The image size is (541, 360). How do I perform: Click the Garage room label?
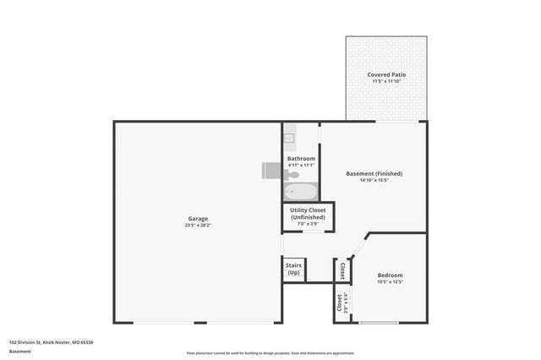point(197,219)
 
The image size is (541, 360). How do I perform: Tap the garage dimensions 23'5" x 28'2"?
point(197,226)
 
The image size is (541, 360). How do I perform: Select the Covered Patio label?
point(385,75)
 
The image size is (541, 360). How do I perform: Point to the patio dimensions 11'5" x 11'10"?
point(385,82)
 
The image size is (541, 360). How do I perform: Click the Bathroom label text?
point(301,159)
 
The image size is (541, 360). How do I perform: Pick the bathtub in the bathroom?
point(300,190)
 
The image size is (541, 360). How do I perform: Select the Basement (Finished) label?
point(374,174)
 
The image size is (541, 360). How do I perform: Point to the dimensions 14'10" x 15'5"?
point(374,181)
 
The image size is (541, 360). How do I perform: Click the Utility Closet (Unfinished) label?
point(306,214)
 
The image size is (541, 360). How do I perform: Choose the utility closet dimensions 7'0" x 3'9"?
point(306,225)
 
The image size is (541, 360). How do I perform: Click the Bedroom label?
point(390,275)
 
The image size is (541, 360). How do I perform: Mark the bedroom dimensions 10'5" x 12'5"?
point(390,282)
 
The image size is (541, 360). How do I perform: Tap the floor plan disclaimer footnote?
point(270,353)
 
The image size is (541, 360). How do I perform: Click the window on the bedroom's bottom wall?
point(379,324)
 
